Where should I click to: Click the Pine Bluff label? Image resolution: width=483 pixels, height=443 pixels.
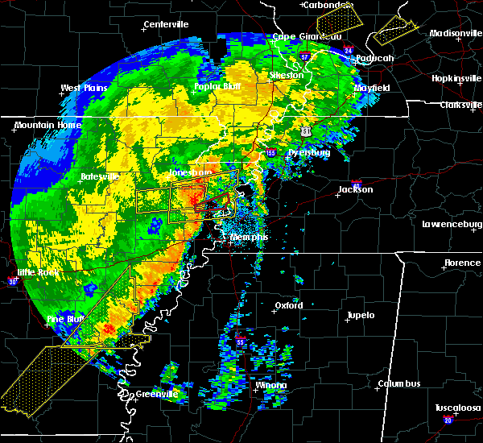(x=66, y=320)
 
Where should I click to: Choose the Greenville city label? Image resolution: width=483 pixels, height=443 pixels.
(x=156, y=394)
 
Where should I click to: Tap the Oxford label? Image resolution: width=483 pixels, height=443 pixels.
(x=289, y=306)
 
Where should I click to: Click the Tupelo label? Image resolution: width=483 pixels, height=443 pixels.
(x=361, y=315)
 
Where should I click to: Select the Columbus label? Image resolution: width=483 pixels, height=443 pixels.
(x=401, y=384)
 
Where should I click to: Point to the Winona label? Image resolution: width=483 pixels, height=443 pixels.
(x=270, y=386)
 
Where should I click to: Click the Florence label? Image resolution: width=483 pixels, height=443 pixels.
(x=462, y=263)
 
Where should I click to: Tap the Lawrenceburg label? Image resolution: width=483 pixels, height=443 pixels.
(x=452, y=224)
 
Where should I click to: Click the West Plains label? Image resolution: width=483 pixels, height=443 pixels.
(x=82, y=88)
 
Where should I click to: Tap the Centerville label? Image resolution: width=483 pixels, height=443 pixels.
(x=167, y=25)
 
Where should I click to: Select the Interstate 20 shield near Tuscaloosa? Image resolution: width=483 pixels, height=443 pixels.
(x=448, y=420)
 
